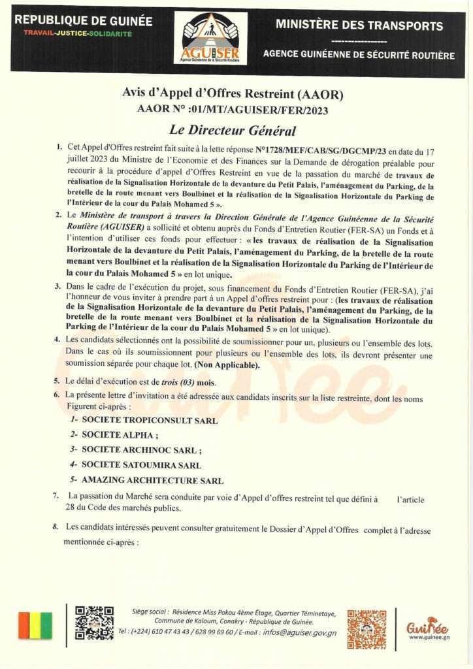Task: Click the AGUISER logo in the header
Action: point(210,37)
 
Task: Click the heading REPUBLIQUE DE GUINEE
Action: point(83,21)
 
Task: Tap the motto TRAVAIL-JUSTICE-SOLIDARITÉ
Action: point(78,33)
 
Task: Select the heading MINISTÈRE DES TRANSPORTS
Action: point(359,26)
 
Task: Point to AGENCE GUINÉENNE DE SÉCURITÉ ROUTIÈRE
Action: point(359,56)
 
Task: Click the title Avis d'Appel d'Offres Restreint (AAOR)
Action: point(232,93)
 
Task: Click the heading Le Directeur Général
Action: point(223,129)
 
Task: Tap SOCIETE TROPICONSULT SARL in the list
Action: point(150,421)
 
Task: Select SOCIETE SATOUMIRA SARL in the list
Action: point(141,465)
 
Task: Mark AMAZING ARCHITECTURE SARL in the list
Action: point(152,480)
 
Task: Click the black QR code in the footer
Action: point(94,623)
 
